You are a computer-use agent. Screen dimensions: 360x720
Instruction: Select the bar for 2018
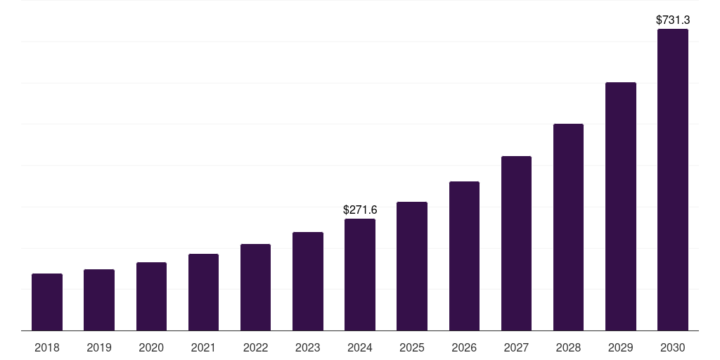tap(47, 302)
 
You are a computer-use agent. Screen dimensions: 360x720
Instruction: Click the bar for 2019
tap(99, 300)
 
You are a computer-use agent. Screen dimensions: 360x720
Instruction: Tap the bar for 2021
tap(203, 292)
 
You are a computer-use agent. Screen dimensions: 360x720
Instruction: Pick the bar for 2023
tap(308, 281)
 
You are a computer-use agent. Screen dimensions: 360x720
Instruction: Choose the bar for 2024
tap(360, 275)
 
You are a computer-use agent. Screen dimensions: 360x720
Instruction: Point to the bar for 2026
tap(464, 256)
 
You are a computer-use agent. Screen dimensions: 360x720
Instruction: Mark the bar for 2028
tap(568, 227)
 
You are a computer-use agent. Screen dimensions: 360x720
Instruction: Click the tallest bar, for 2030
tap(672, 180)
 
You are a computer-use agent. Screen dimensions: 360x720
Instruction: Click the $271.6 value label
tap(360, 210)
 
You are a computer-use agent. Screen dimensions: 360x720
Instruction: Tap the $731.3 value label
tap(673, 20)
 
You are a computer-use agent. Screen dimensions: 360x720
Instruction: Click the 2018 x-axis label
tap(47, 347)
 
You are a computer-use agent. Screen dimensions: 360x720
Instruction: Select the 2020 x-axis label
tap(151, 347)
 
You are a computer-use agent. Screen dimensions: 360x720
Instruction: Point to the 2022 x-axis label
tap(255, 347)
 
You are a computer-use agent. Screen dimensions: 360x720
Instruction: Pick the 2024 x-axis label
tap(360, 347)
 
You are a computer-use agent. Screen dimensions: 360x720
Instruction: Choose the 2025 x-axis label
tap(412, 347)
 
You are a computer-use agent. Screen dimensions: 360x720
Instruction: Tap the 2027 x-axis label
tap(516, 347)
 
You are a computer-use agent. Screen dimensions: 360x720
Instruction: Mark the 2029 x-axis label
tap(620, 347)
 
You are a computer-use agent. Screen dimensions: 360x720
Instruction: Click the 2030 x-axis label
tap(672, 347)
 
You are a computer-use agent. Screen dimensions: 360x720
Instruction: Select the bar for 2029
tap(620, 207)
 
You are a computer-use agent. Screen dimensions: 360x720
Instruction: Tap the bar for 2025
tap(412, 266)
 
